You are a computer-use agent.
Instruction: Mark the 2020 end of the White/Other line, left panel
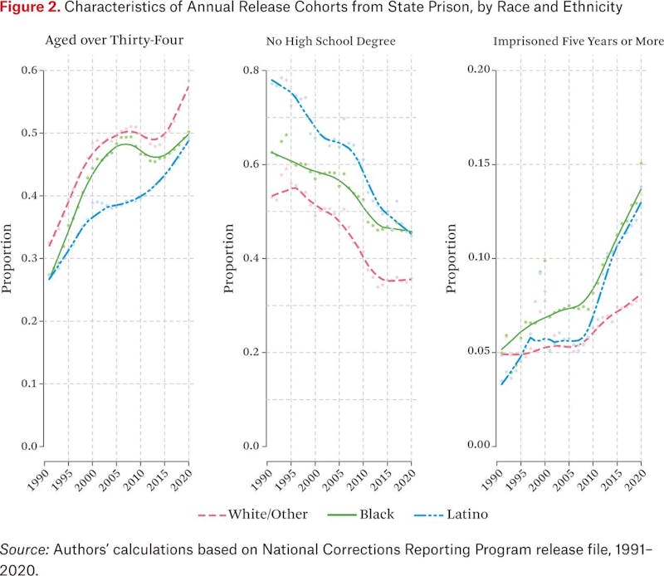coord(189,82)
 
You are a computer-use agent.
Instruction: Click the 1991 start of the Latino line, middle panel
coord(271,80)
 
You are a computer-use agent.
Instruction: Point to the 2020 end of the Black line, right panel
coord(641,188)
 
